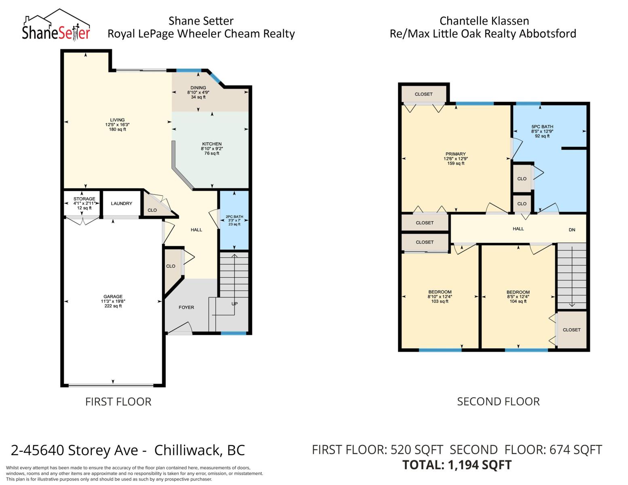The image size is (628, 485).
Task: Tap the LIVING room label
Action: pos(117,120)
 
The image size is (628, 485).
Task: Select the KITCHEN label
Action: pos(212,144)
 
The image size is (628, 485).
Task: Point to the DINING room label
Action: pos(198,88)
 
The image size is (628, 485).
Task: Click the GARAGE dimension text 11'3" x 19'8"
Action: pos(113,301)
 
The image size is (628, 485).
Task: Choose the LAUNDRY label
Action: pos(121,203)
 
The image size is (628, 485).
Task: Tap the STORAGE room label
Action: pos(84,199)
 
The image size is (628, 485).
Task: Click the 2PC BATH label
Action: pos(235,217)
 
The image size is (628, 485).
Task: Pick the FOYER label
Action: pos(186,307)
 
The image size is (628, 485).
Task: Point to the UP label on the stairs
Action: pos(235,304)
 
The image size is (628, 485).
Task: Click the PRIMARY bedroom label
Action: pos(455,154)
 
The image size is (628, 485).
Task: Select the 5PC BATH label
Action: pos(542,127)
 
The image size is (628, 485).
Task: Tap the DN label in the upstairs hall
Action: pos(572,230)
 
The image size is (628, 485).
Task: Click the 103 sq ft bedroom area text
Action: pos(440,301)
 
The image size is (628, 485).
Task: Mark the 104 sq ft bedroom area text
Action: pos(518,301)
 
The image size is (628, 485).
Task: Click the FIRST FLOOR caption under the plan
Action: pos(118,402)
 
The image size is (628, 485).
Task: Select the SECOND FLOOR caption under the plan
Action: pos(498,401)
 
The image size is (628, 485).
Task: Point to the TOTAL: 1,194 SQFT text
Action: pos(457,465)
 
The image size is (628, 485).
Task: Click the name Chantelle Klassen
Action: pos(484,21)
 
